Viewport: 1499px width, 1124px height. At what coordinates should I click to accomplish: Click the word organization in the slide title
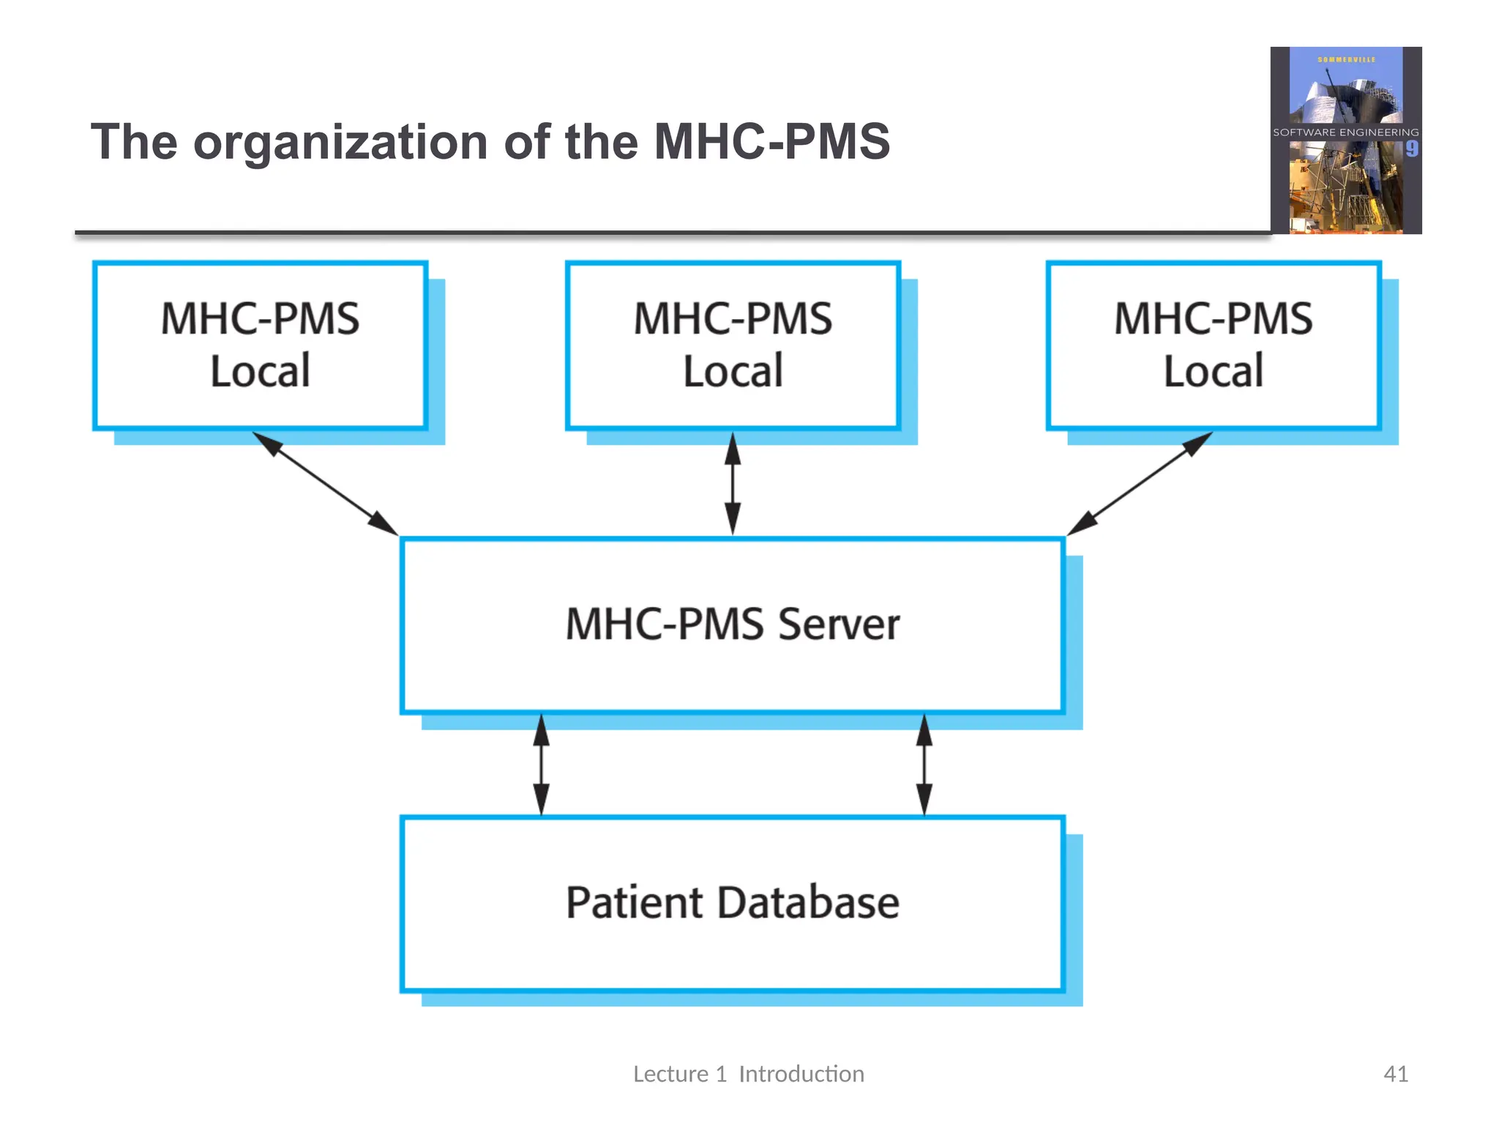tap(340, 143)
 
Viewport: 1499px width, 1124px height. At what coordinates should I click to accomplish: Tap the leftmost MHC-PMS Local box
tap(260, 345)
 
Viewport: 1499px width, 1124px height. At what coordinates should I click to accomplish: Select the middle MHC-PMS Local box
tap(733, 345)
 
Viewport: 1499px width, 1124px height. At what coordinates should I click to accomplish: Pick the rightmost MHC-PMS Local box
tap(1213, 345)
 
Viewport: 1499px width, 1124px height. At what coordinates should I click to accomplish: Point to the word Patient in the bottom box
tap(635, 902)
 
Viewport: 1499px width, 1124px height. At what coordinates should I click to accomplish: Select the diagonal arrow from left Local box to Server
tap(325, 484)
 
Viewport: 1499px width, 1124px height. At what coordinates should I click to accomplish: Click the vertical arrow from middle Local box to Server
tap(733, 484)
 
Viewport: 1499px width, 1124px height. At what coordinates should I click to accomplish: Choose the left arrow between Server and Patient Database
tap(541, 765)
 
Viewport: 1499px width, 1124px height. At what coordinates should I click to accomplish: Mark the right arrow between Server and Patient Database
tap(924, 765)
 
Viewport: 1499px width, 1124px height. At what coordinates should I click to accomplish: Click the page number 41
tap(1395, 1074)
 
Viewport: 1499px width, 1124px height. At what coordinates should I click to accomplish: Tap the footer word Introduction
tap(801, 1074)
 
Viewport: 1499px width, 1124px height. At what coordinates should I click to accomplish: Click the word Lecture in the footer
tap(670, 1074)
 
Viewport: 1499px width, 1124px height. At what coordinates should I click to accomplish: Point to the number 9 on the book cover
tap(1411, 149)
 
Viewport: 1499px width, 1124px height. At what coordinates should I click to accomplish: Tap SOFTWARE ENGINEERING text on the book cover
tap(1345, 132)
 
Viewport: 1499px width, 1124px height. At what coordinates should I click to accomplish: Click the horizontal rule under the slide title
tap(659, 233)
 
